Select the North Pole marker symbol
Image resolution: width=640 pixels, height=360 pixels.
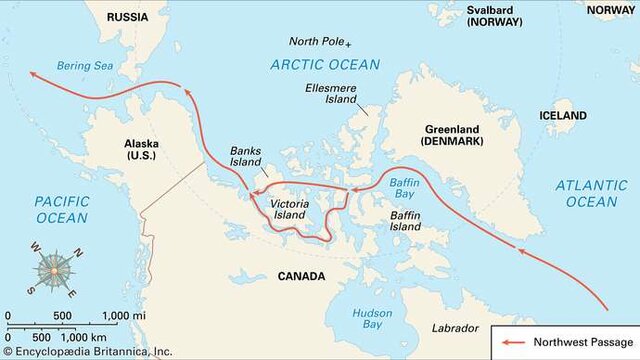click(348, 44)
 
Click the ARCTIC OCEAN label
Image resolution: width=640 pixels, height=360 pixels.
click(325, 65)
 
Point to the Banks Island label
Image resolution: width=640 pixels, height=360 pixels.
click(246, 155)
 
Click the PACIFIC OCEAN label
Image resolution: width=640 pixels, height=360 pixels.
click(47, 209)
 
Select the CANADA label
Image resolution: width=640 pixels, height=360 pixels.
click(301, 275)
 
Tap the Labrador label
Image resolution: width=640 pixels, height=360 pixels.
click(455, 328)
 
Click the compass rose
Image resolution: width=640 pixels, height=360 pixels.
click(52, 270)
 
